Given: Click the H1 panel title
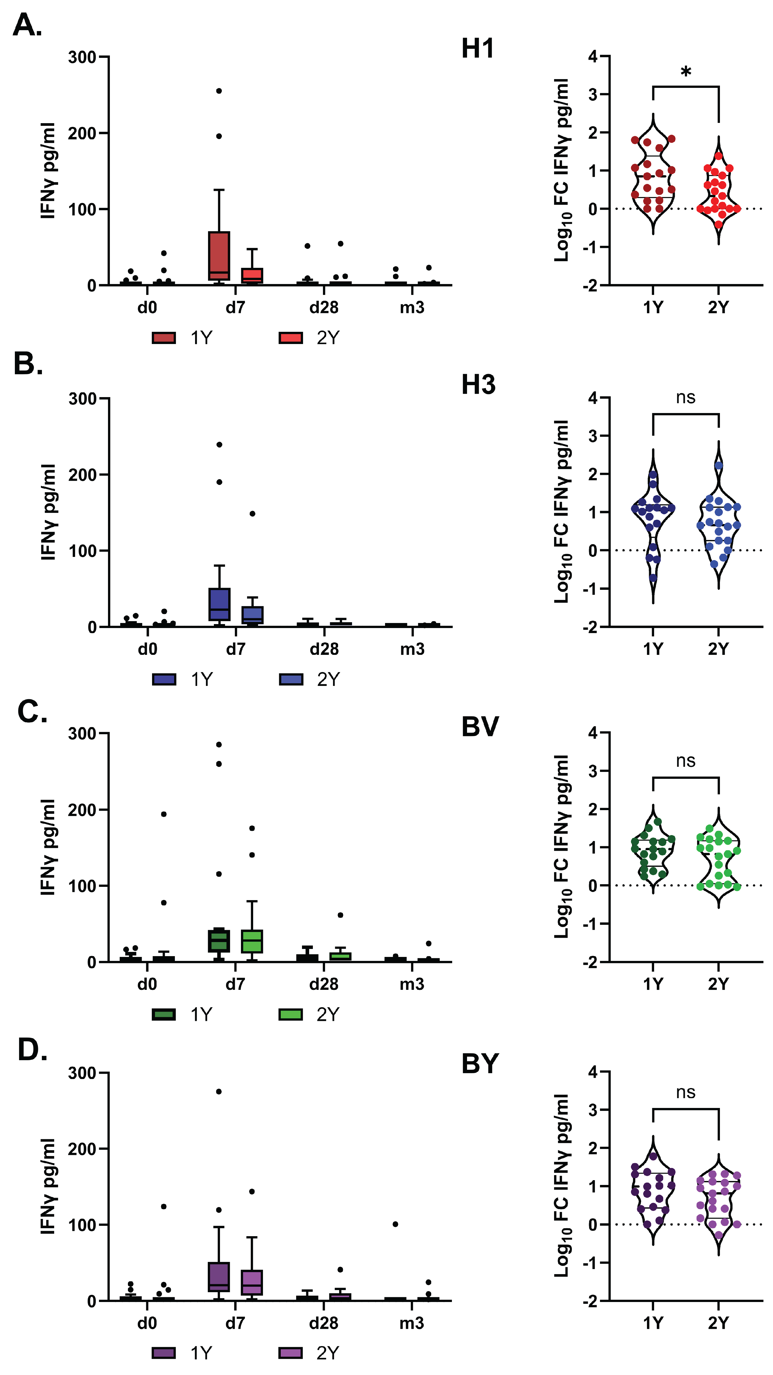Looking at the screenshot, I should tap(477, 49).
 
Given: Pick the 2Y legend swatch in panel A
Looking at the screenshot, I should tap(291, 338).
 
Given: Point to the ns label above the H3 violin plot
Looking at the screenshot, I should tap(685, 398).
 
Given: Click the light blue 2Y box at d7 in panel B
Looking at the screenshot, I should tap(252, 615).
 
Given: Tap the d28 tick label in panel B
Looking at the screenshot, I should tap(324, 649).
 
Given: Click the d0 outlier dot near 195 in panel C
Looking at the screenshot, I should tap(164, 814).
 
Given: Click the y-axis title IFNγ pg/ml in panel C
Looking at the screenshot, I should tap(48, 847).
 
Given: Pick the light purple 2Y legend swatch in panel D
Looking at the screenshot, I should tap(291, 1353).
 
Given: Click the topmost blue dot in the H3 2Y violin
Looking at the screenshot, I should tap(719, 465).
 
